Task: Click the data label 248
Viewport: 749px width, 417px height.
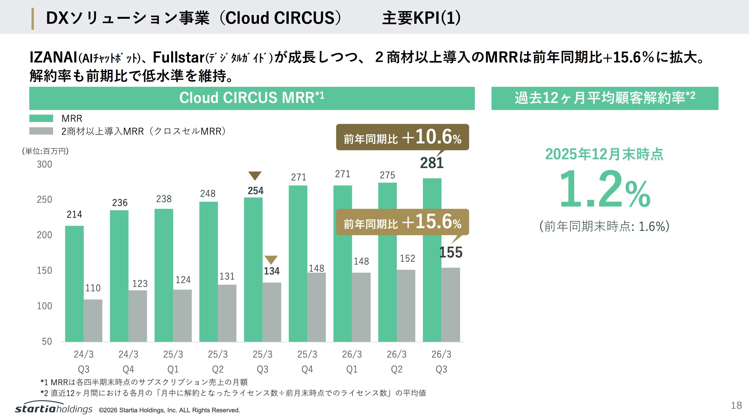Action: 208,194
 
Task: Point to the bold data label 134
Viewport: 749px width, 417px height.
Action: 272,271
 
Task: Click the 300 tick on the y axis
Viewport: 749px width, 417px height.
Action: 44,164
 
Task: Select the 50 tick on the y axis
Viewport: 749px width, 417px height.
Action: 47,341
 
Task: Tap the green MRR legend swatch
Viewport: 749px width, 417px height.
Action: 41,118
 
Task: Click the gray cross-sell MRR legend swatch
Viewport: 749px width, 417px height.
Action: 41,131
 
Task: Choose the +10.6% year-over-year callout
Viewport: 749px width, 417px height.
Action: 402,137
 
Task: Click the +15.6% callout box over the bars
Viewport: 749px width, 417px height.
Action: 402,222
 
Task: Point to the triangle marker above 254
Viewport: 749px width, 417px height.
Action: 255,175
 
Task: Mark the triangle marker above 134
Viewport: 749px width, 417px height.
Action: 271,260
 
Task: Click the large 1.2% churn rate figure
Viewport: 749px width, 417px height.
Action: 605,189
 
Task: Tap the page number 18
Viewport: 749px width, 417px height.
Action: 736,405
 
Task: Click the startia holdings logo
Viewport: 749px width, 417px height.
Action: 54,408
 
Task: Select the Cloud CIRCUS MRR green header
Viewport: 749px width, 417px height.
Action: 252,98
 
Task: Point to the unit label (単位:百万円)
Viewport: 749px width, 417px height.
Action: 45,151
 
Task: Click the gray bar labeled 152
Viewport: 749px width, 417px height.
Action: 406,305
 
